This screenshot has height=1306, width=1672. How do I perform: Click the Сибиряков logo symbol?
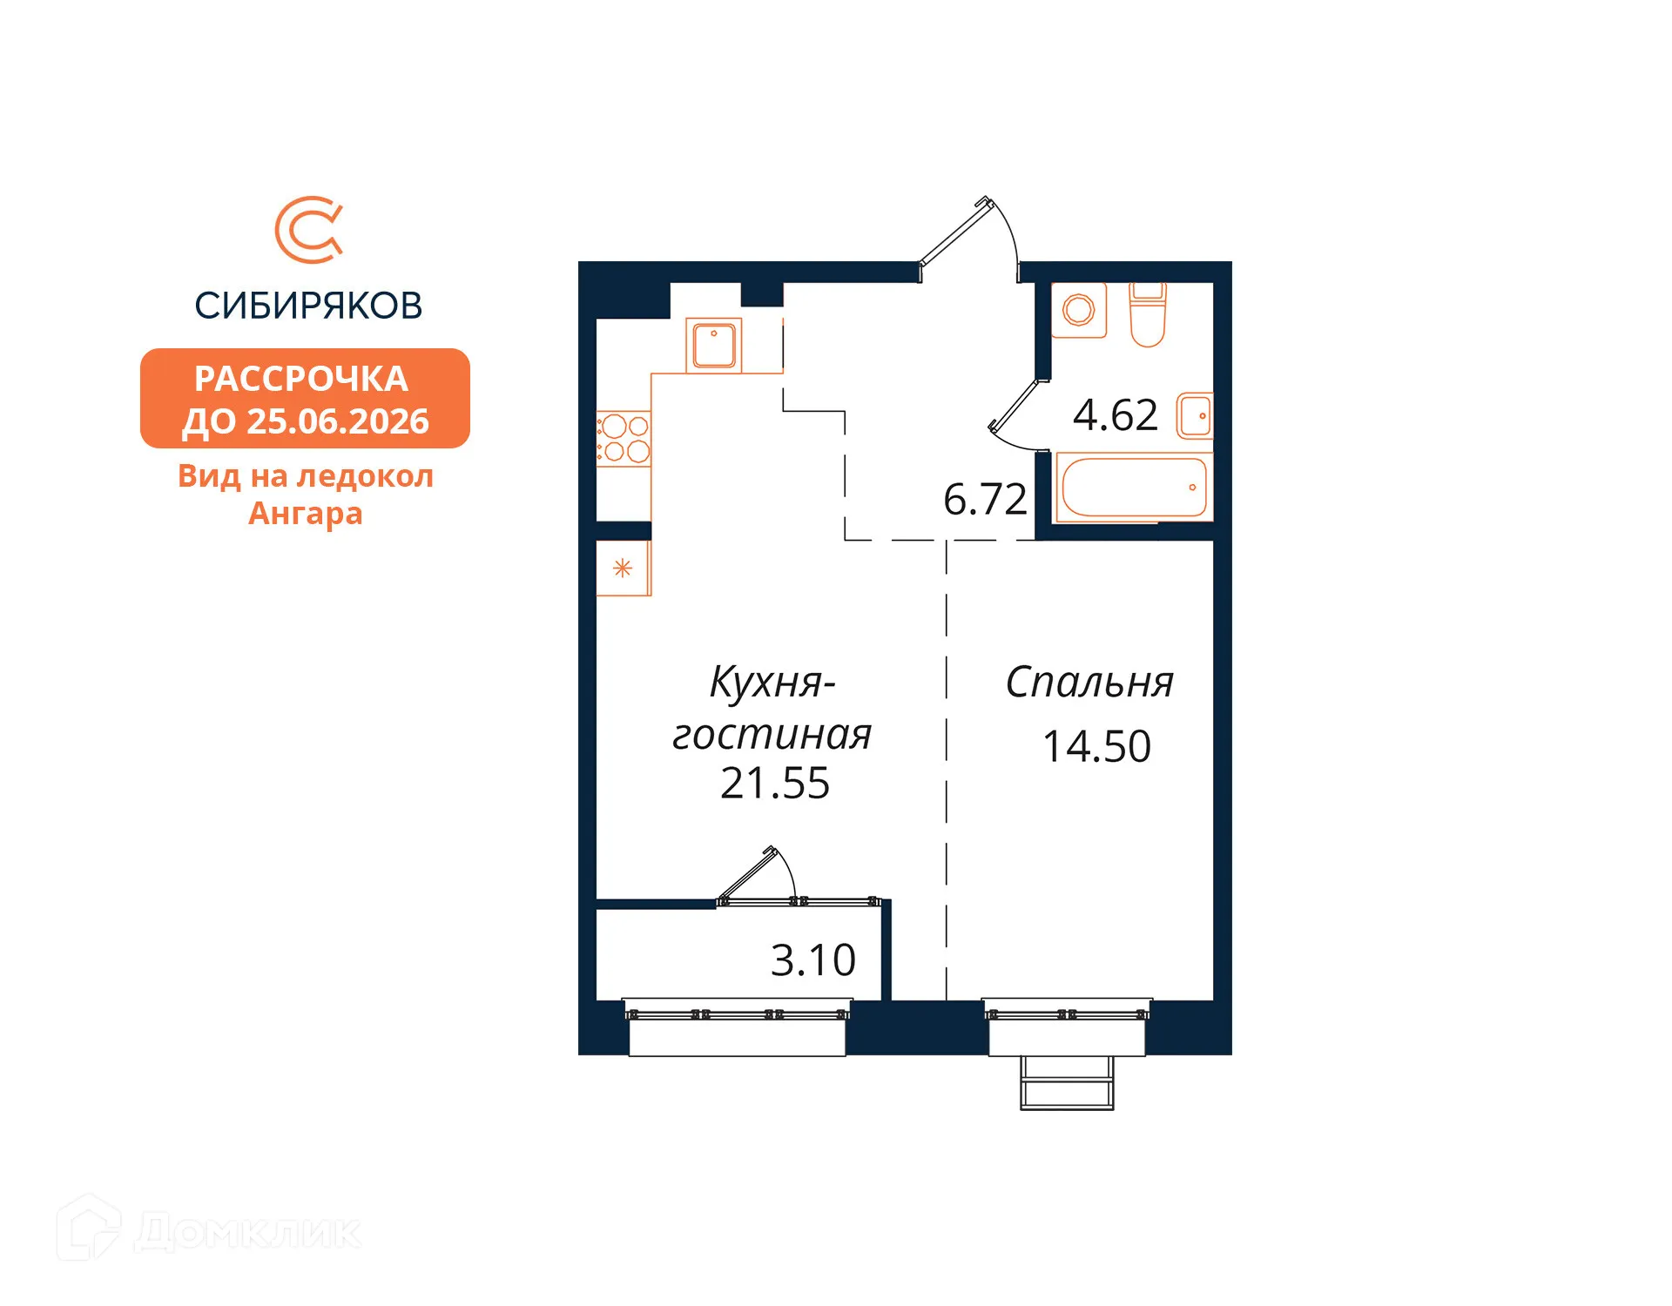[x=309, y=230]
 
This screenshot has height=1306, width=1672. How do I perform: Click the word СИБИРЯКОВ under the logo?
[x=308, y=306]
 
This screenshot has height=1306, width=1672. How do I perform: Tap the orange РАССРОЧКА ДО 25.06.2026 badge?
[x=305, y=399]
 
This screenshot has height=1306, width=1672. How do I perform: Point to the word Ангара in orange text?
[x=305, y=514]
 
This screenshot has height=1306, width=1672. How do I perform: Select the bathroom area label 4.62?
[x=1115, y=415]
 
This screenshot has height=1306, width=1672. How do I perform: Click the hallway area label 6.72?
[x=985, y=500]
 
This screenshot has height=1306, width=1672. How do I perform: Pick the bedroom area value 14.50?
[x=1096, y=747]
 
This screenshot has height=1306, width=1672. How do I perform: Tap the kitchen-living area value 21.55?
[x=775, y=784]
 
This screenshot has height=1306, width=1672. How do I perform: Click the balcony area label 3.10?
[x=813, y=960]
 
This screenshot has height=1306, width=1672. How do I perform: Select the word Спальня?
[x=1089, y=683]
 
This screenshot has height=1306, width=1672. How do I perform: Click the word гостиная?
[x=772, y=735]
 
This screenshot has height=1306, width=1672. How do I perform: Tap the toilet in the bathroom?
[x=1147, y=315]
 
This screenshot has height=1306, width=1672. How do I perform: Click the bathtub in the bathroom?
[x=1134, y=488]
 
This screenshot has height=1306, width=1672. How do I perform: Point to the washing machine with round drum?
[x=1079, y=310]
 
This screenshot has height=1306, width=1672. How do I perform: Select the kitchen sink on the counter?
[x=714, y=345]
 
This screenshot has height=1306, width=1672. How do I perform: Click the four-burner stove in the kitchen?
[x=624, y=438]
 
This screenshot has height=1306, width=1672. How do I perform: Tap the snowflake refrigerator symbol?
[x=623, y=569]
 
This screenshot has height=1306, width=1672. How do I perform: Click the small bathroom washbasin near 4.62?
[x=1195, y=416]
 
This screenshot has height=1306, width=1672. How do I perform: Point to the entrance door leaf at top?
[x=954, y=232]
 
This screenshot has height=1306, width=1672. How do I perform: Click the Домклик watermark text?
[x=247, y=1232]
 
